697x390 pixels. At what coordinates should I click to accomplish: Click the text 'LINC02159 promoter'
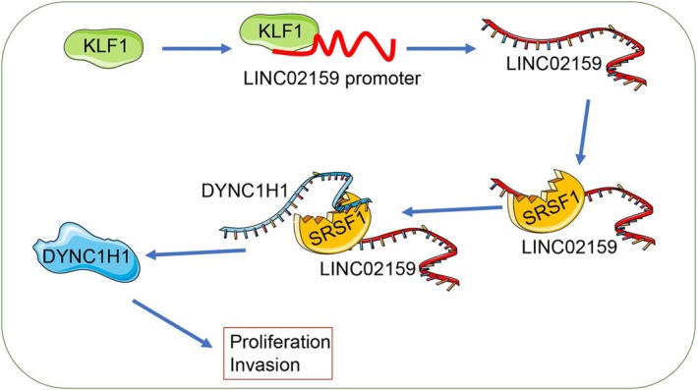(331, 79)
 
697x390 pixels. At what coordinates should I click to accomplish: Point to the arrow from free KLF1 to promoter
(197, 48)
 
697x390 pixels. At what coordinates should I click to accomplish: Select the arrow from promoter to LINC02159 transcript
(441, 48)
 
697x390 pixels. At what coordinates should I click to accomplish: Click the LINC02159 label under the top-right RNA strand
(553, 64)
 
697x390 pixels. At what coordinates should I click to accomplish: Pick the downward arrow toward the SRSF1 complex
(584, 132)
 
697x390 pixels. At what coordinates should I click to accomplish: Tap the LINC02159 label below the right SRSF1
(569, 247)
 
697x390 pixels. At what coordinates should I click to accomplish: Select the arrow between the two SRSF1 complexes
(451, 209)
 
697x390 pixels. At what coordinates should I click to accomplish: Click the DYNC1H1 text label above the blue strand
(245, 191)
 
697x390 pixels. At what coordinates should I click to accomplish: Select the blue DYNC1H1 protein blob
(87, 253)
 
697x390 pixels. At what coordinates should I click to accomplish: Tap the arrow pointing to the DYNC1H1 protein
(196, 252)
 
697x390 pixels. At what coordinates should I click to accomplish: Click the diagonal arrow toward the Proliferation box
(172, 323)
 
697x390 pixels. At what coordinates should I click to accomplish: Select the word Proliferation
(280, 342)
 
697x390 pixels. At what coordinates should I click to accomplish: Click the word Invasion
(264, 365)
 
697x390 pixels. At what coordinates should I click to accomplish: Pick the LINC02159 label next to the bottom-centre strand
(368, 269)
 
